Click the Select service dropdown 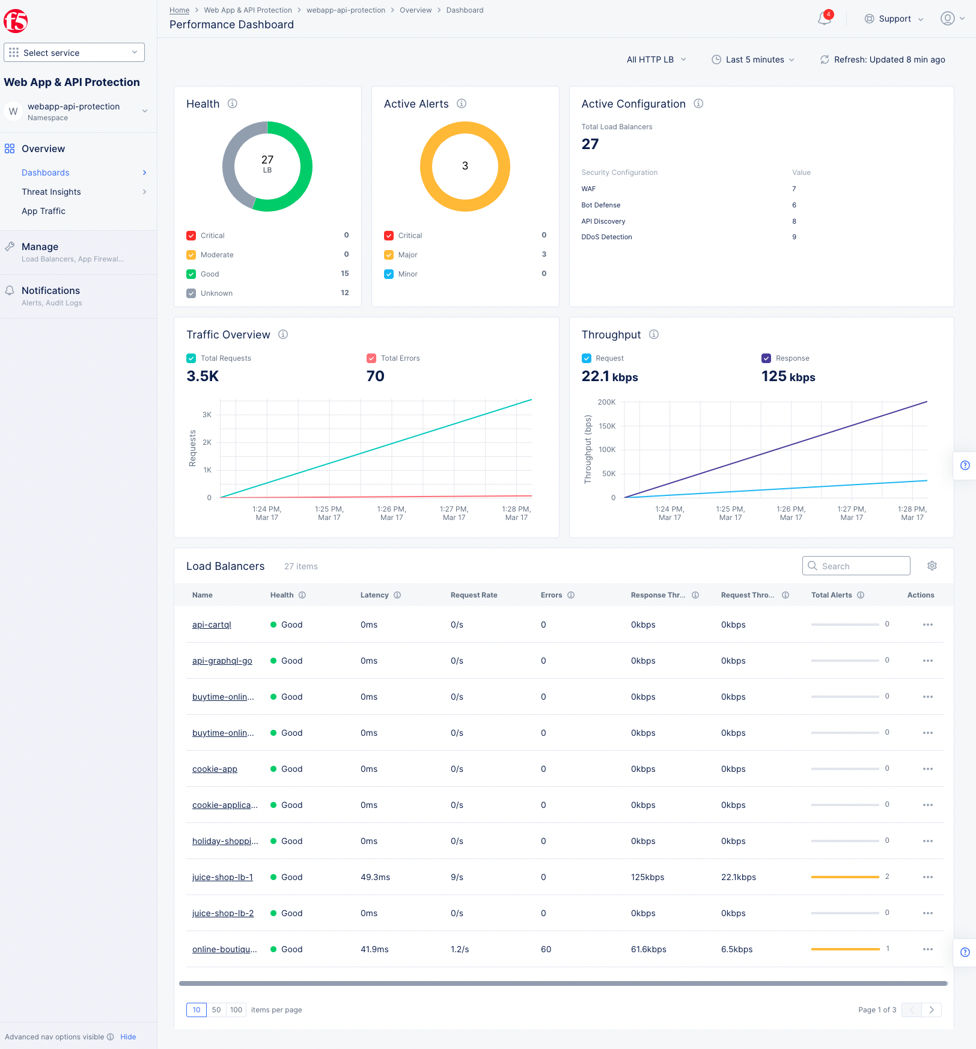[x=74, y=52]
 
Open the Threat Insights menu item [x=51, y=192]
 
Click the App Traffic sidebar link [x=43, y=211]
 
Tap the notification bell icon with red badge [x=824, y=19]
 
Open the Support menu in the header [x=894, y=19]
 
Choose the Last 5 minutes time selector [x=754, y=60]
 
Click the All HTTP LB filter [x=656, y=60]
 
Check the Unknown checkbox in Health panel [x=191, y=293]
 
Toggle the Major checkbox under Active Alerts [x=389, y=255]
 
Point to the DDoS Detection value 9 [x=794, y=237]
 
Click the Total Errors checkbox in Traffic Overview [x=371, y=358]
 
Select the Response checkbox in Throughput [x=766, y=358]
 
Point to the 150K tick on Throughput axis [x=607, y=426]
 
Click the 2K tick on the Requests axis [x=207, y=442]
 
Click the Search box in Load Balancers [x=856, y=566]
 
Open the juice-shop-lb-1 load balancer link [x=222, y=877]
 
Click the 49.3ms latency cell [x=375, y=877]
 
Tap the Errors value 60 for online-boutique [x=546, y=949]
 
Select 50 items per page [x=216, y=1010]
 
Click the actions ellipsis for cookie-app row [x=927, y=769]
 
